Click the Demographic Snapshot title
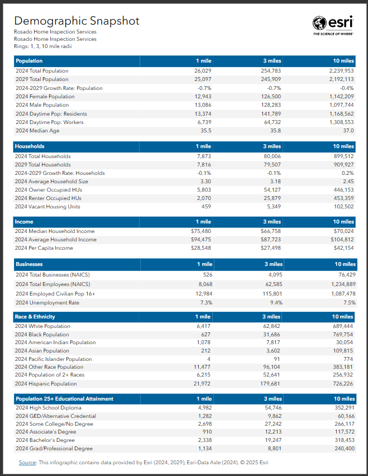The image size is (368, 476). point(77,21)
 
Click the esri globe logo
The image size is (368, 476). point(320,23)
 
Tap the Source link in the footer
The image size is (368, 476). point(27,463)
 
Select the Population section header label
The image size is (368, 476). point(29,60)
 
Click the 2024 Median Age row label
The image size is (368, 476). point(37,131)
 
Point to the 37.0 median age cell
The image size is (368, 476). point(348,131)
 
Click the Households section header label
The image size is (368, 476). point(30,146)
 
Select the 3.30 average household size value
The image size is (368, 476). point(205,182)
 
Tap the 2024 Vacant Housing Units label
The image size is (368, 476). point(47,207)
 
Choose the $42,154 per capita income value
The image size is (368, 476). point(343,248)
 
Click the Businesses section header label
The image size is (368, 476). point(30,264)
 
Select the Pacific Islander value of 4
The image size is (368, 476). point(209,359)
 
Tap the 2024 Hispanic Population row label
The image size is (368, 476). point(46,384)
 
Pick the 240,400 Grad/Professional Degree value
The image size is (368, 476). point(342,449)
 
